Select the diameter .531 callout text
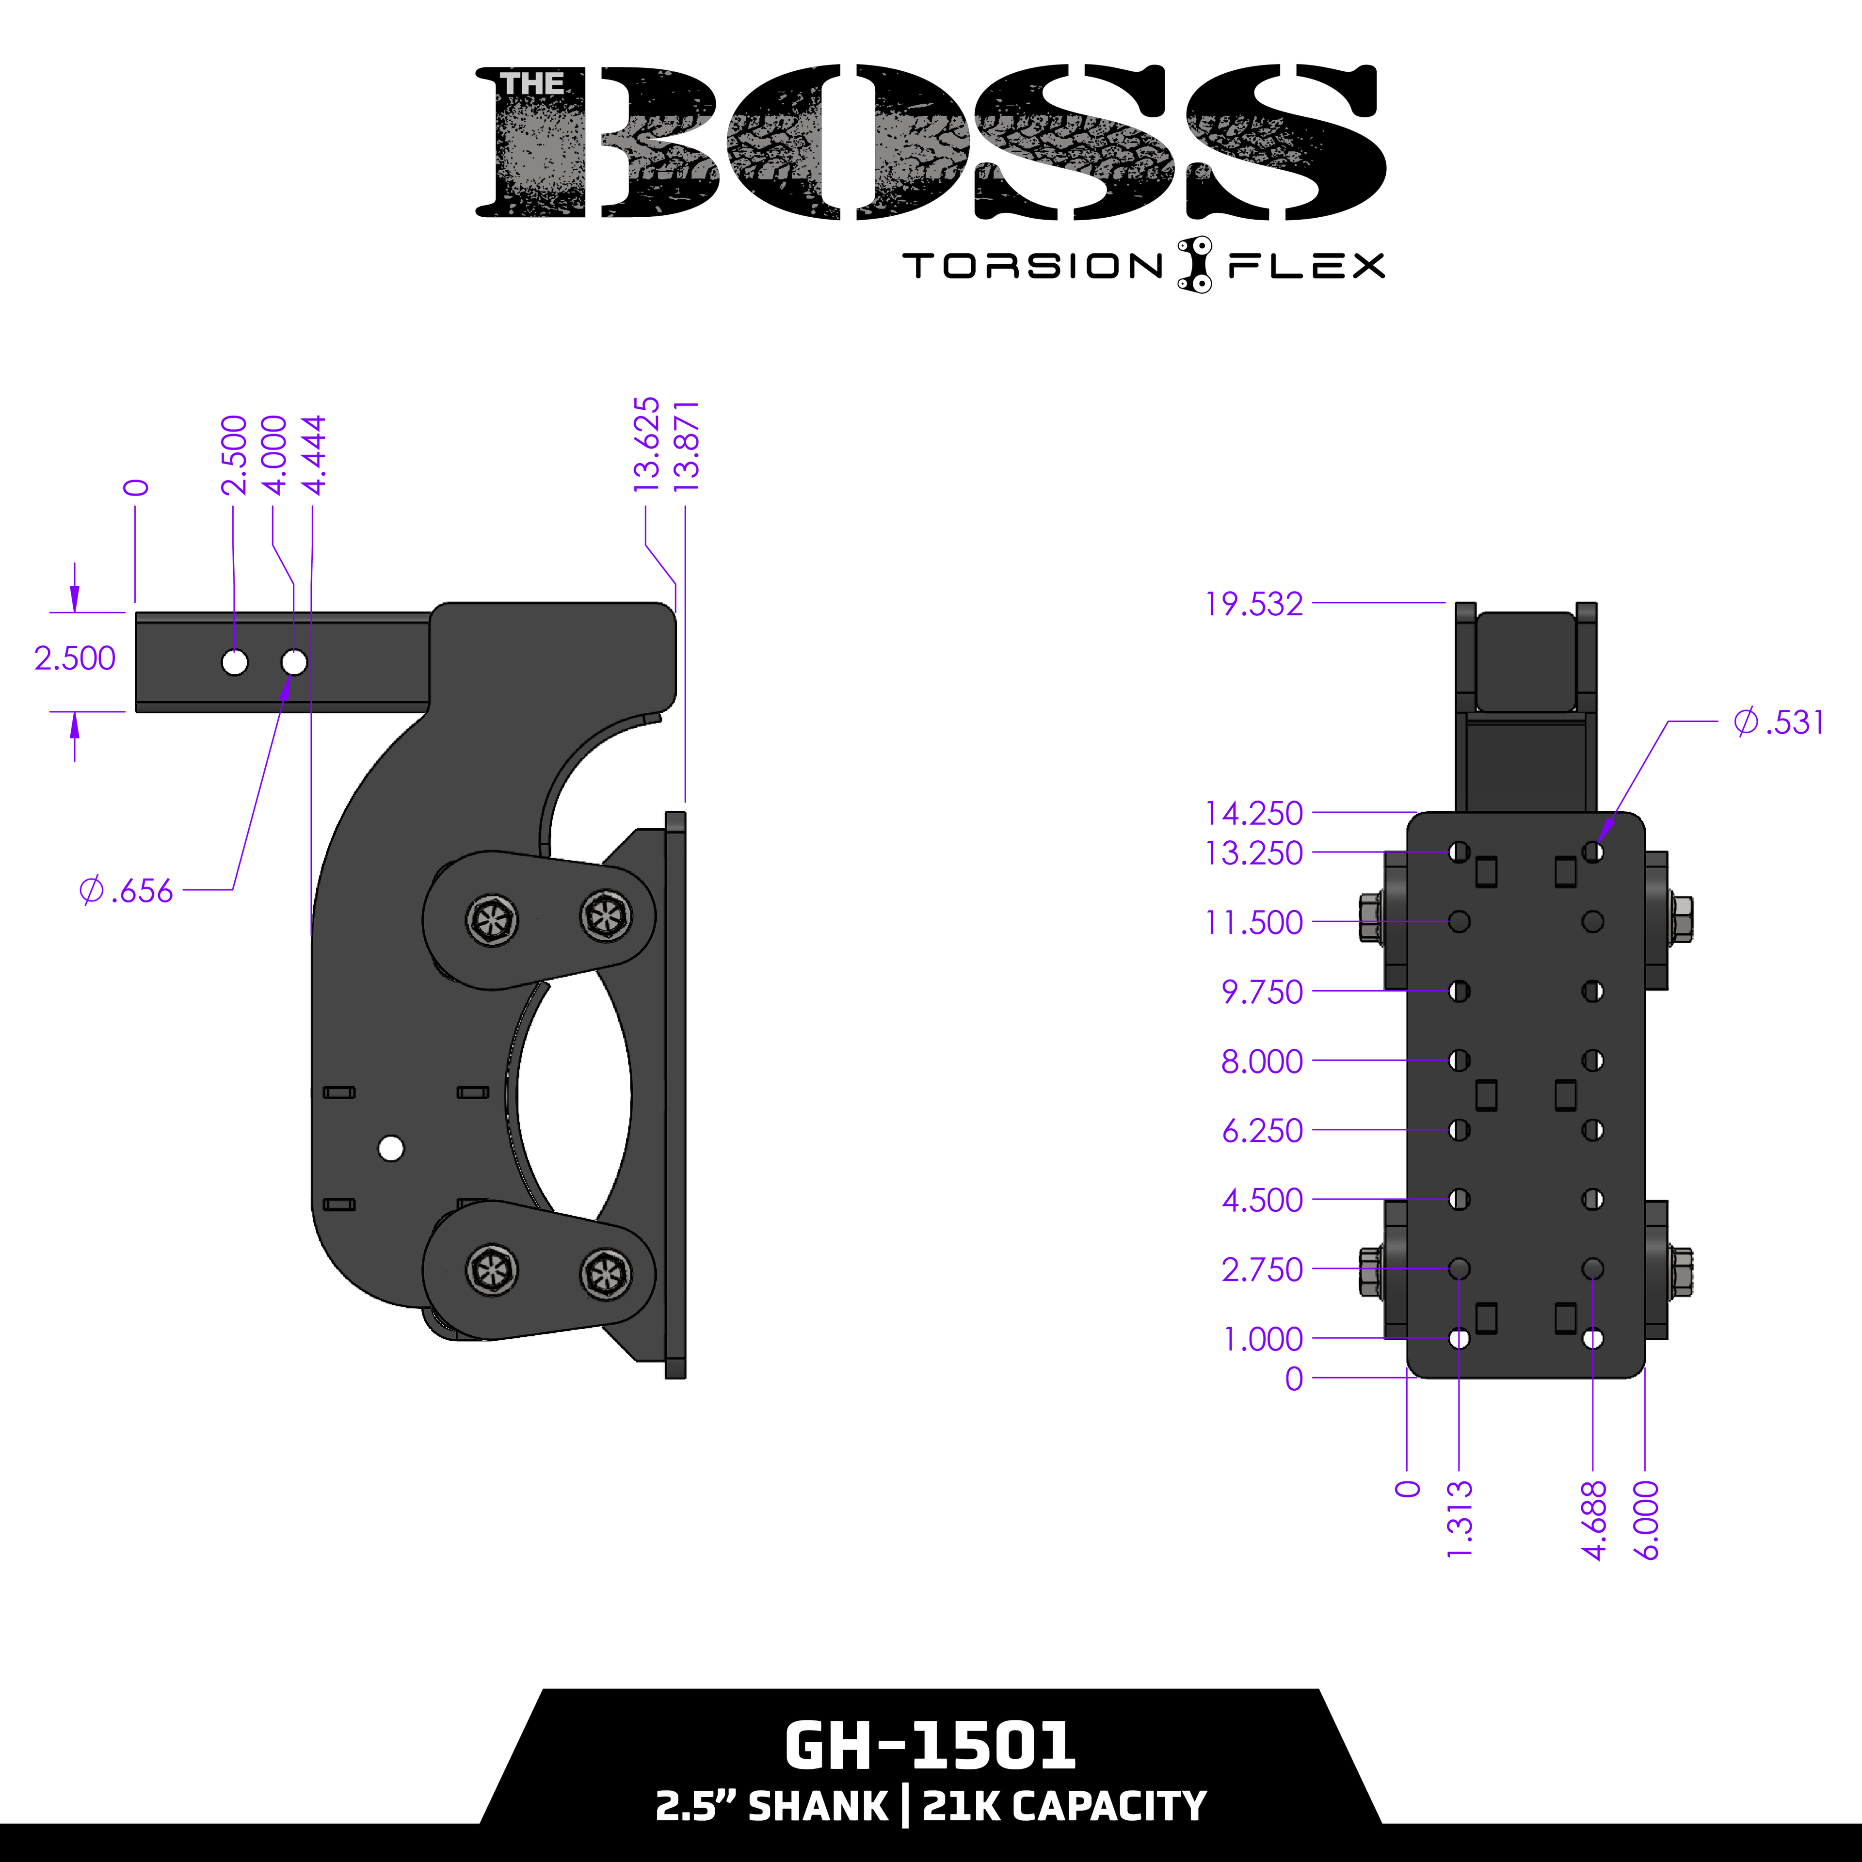pos(1778,722)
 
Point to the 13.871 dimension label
pos(686,446)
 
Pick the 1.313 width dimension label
pos(1460,1520)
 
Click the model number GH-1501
pos(930,1746)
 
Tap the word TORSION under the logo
pos(1032,266)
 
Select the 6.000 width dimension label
pos(1647,1520)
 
